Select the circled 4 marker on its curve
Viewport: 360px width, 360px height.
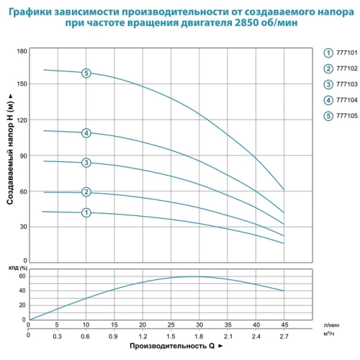pyautogui.click(x=86, y=132)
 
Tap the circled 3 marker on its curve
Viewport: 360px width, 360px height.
pyautogui.click(x=86, y=163)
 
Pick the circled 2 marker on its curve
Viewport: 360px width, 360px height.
pyautogui.click(x=86, y=192)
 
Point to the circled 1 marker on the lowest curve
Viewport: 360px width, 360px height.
pyautogui.click(x=86, y=212)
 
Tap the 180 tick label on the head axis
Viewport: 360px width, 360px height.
pyautogui.click(x=22, y=51)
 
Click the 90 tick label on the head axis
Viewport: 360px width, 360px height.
pyautogui.click(x=23, y=156)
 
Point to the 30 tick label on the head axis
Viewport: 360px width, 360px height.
pyautogui.click(x=23, y=226)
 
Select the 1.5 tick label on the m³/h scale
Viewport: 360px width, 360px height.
pyautogui.click(x=171, y=336)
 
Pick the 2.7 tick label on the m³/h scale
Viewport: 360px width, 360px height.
pyautogui.click(x=284, y=336)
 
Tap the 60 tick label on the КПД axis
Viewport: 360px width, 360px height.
pyautogui.click(x=22, y=276)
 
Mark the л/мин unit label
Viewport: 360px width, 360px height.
pyautogui.click(x=331, y=325)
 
